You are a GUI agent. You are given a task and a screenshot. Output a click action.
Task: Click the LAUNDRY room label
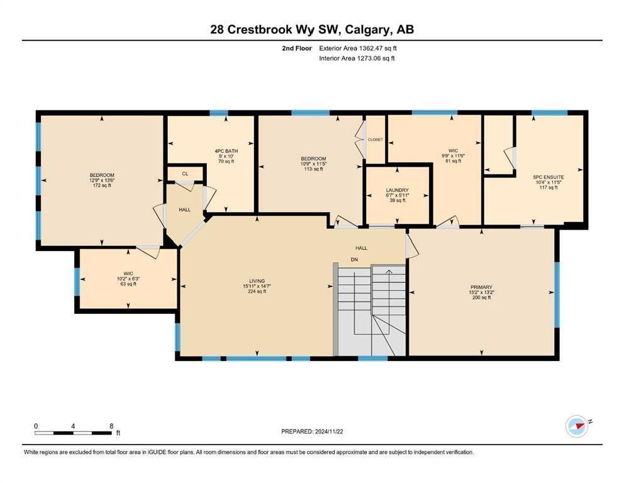(397, 190)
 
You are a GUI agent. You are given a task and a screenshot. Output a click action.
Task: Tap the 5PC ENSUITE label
(549, 177)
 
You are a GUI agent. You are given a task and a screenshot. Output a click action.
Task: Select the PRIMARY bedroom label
(482, 287)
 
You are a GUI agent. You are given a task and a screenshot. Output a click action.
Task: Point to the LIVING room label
(257, 281)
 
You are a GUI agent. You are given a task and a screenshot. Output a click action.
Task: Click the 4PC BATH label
(226, 151)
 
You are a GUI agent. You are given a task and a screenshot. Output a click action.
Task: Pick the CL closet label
(185, 174)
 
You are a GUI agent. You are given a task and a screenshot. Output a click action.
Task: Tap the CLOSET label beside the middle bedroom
(376, 140)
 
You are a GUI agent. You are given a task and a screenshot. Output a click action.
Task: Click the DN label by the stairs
(354, 260)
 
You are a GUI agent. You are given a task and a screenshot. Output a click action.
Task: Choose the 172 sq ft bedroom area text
(102, 186)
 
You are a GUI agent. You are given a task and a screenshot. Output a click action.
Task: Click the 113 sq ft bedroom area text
(314, 169)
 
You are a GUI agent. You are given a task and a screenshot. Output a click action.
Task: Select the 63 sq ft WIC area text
(128, 284)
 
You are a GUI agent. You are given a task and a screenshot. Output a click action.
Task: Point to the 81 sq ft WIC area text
(453, 161)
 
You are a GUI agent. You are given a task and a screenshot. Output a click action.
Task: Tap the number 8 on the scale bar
(111, 426)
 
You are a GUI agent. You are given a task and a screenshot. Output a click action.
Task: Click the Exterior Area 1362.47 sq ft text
(358, 48)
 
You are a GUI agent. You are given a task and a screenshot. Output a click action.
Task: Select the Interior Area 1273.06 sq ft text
(357, 58)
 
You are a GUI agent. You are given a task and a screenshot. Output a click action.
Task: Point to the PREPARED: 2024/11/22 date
(312, 431)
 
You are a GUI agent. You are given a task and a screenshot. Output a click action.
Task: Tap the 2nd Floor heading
(297, 48)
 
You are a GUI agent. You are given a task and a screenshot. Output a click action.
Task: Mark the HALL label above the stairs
(361, 248)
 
